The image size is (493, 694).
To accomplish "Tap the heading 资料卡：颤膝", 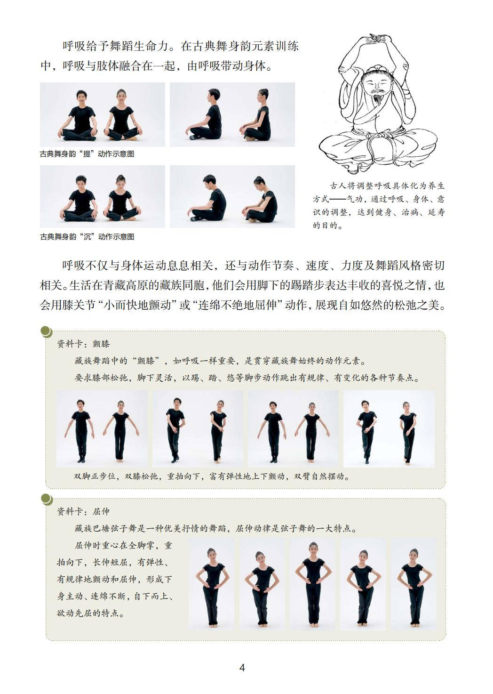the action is pyautogui.click(x=83, y=344).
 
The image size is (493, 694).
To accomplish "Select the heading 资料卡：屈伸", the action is pyautogui.click(x=83, y=511).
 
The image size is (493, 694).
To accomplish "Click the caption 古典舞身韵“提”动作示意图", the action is pyautogui.click(x=87, y=154).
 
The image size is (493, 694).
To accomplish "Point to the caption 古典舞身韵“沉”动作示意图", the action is pyautogui.click(x=87, y=237).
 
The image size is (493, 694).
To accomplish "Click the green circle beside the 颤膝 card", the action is pyautogui.click(x=47, y=331).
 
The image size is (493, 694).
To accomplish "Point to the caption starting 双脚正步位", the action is pyautogui.click(x=212, y=476).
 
